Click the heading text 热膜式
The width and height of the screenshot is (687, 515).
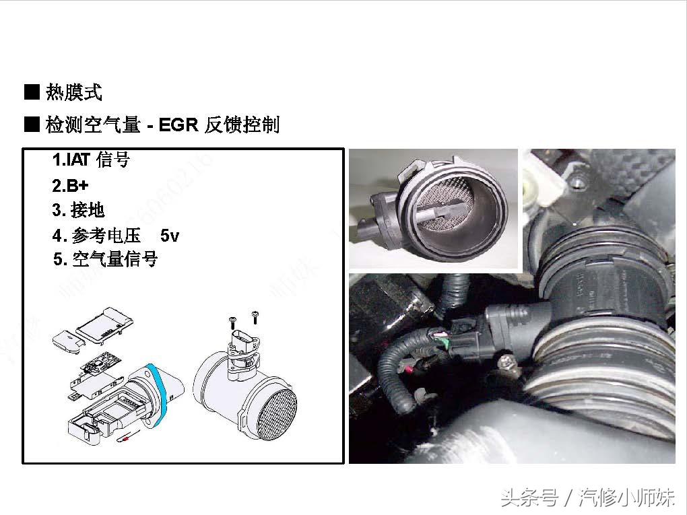pos(74,92)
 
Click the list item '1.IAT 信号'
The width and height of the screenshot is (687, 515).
pos(90,160)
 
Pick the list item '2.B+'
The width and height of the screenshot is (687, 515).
pos(70,185)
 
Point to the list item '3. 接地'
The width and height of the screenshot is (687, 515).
pos(79,210)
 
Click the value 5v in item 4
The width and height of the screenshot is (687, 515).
pos(170,236)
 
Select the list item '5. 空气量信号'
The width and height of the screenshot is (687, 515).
pos(105,259)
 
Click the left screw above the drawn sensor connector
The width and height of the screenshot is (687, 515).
pos(232,321)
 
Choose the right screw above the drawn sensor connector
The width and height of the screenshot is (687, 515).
pos(255,316)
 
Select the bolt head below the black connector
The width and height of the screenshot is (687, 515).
pos(506,364)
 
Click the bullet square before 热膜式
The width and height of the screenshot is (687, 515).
pos(32,92)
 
